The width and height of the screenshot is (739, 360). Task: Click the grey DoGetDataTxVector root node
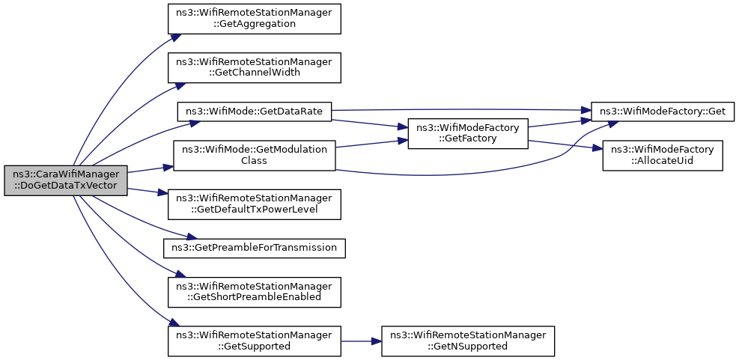[66, 180]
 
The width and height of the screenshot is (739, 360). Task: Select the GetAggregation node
[255, 19]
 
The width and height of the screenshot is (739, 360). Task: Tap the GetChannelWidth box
[255, 68]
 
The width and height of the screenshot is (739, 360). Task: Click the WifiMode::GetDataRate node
[255, 112]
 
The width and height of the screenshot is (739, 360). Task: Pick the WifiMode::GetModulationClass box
[255, 155]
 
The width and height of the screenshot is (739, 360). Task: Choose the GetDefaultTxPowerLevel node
[255, 204]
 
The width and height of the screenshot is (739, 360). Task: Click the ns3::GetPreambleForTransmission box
[255, 248]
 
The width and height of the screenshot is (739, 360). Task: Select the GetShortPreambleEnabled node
[255, 292]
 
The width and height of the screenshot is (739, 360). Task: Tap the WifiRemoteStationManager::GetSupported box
[255, 341]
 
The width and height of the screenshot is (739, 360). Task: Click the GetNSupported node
[467, 341]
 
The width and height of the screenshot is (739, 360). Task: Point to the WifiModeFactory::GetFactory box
[467, 133]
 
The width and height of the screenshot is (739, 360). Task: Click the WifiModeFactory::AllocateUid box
[662, 155]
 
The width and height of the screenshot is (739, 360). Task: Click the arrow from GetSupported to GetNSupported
[361, 341]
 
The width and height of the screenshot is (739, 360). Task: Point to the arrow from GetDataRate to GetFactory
[370, 123]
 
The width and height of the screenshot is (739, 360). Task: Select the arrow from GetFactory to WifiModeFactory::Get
[559, 123]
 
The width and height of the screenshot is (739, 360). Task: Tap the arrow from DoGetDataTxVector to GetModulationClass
[150, 168]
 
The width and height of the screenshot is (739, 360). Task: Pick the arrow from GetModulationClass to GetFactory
[372, 143]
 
